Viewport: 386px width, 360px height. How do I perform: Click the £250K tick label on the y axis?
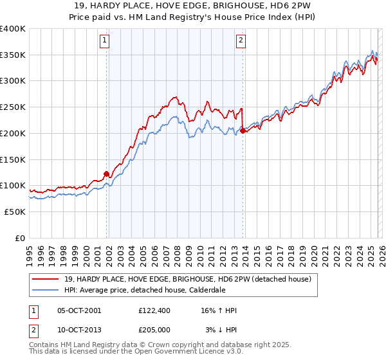pos(13,107)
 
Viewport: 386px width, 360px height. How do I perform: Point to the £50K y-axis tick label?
pos(15,212)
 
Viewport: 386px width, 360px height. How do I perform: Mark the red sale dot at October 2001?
pos(106,174)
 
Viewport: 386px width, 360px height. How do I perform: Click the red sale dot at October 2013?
pos(243,130)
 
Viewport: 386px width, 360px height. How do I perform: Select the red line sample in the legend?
pos(46,279)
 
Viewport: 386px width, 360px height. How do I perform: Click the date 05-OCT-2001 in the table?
pos(79,310)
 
